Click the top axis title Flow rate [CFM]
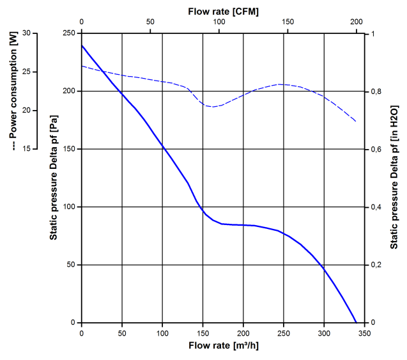point(223,12)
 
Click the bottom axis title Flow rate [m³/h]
point(223,347)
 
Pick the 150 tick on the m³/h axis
point(203,333)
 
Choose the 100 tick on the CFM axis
point(219,22)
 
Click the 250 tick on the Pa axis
point(68,33)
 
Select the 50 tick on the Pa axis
point(70,265)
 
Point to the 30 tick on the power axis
point(26,33)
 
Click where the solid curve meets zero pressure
point(356,322)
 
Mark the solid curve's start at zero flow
point(82,45)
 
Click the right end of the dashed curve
point(356,121)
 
